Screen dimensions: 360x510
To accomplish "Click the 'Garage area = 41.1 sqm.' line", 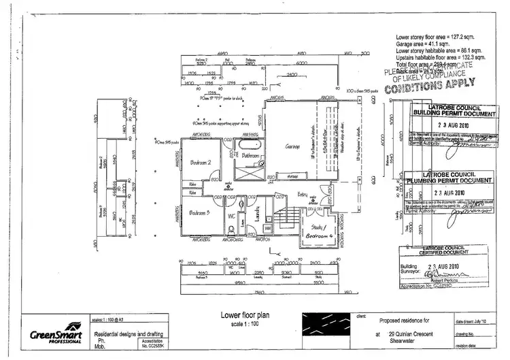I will coord(430,42).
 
